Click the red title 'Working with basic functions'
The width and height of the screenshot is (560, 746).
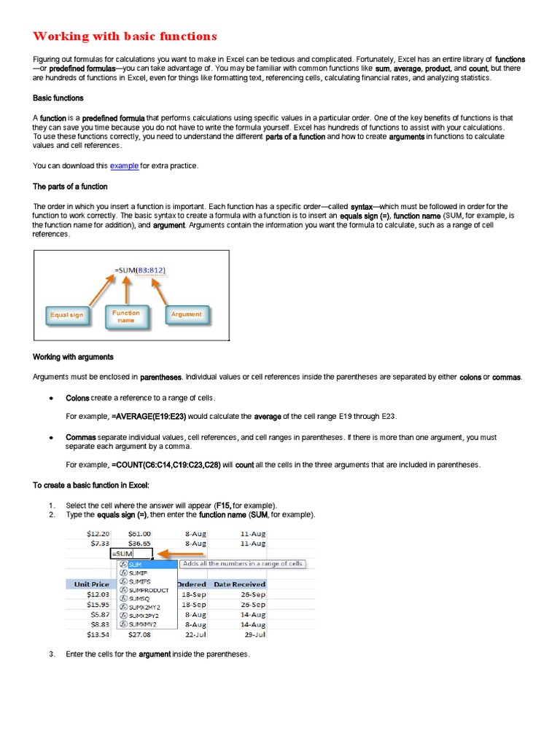[125, 36]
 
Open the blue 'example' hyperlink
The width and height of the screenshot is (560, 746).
[124, 166]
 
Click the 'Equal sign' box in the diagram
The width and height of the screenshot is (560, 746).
[66, 315]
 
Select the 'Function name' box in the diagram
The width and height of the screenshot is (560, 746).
[126, 316]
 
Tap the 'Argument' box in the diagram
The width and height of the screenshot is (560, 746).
[186, 314]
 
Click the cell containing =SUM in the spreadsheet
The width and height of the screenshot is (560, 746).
[131, 554]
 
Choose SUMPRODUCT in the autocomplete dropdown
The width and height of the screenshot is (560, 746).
[148, 590]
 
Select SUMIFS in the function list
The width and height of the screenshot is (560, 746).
[139, 581]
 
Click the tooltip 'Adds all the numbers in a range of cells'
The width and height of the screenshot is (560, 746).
[243, 564]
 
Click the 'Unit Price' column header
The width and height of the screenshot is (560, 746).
[91, 584]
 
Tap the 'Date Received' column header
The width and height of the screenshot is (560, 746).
[239, 584]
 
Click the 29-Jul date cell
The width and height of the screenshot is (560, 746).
[254, 635]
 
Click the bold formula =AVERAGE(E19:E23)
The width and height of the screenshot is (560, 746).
[149, 416]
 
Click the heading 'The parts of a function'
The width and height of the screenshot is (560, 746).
[70, 186]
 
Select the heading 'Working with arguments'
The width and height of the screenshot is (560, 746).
[73, 357]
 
